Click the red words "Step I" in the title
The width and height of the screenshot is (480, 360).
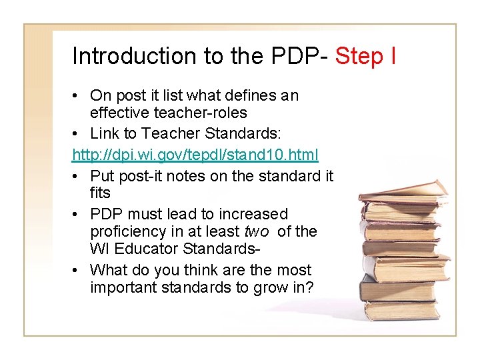(365, 56)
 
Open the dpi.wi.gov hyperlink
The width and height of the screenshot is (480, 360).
(195, 155)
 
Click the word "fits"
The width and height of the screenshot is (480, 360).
(100, 193)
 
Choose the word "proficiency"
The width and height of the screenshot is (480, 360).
(129, 231)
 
